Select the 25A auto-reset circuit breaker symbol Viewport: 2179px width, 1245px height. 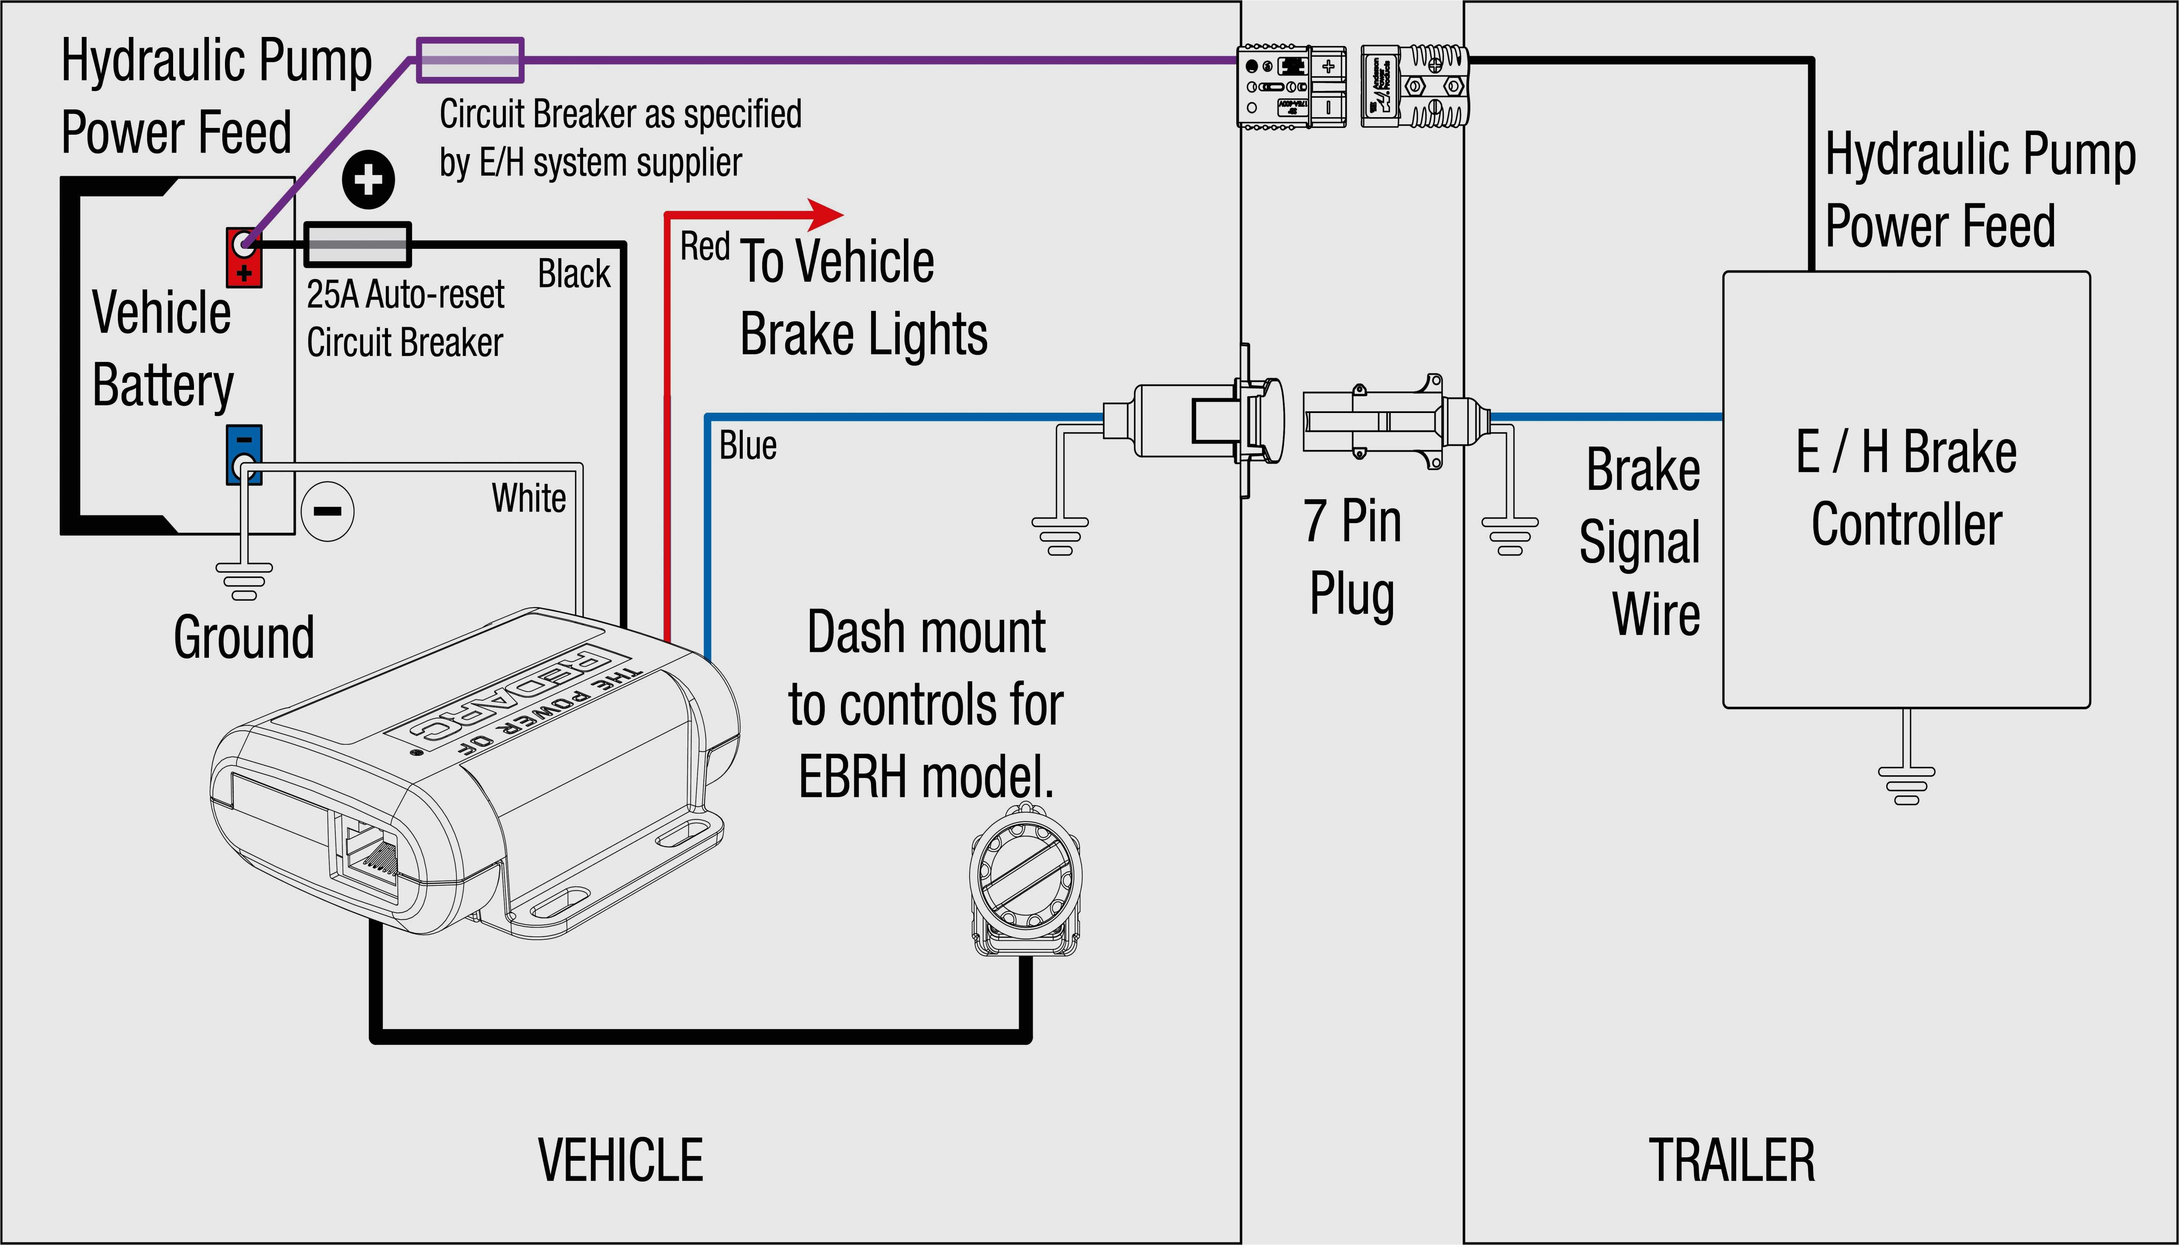coord(357,244)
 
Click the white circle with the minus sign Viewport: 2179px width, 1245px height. coord(328,512)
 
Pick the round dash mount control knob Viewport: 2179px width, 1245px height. coord(1025,878)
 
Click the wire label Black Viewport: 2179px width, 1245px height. coord(574,275)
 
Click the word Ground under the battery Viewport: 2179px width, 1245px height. coord(244,637)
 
